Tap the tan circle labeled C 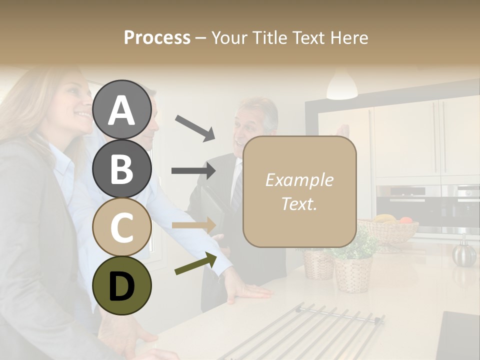[x=122, y=227]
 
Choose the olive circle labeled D [x=122, y=285]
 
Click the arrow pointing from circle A [x=195, y=127]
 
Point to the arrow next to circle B [x=194, y=171]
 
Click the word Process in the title [x=157, y=37]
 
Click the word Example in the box [x=299, y=180]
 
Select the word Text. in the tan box [x=299, y=203]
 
